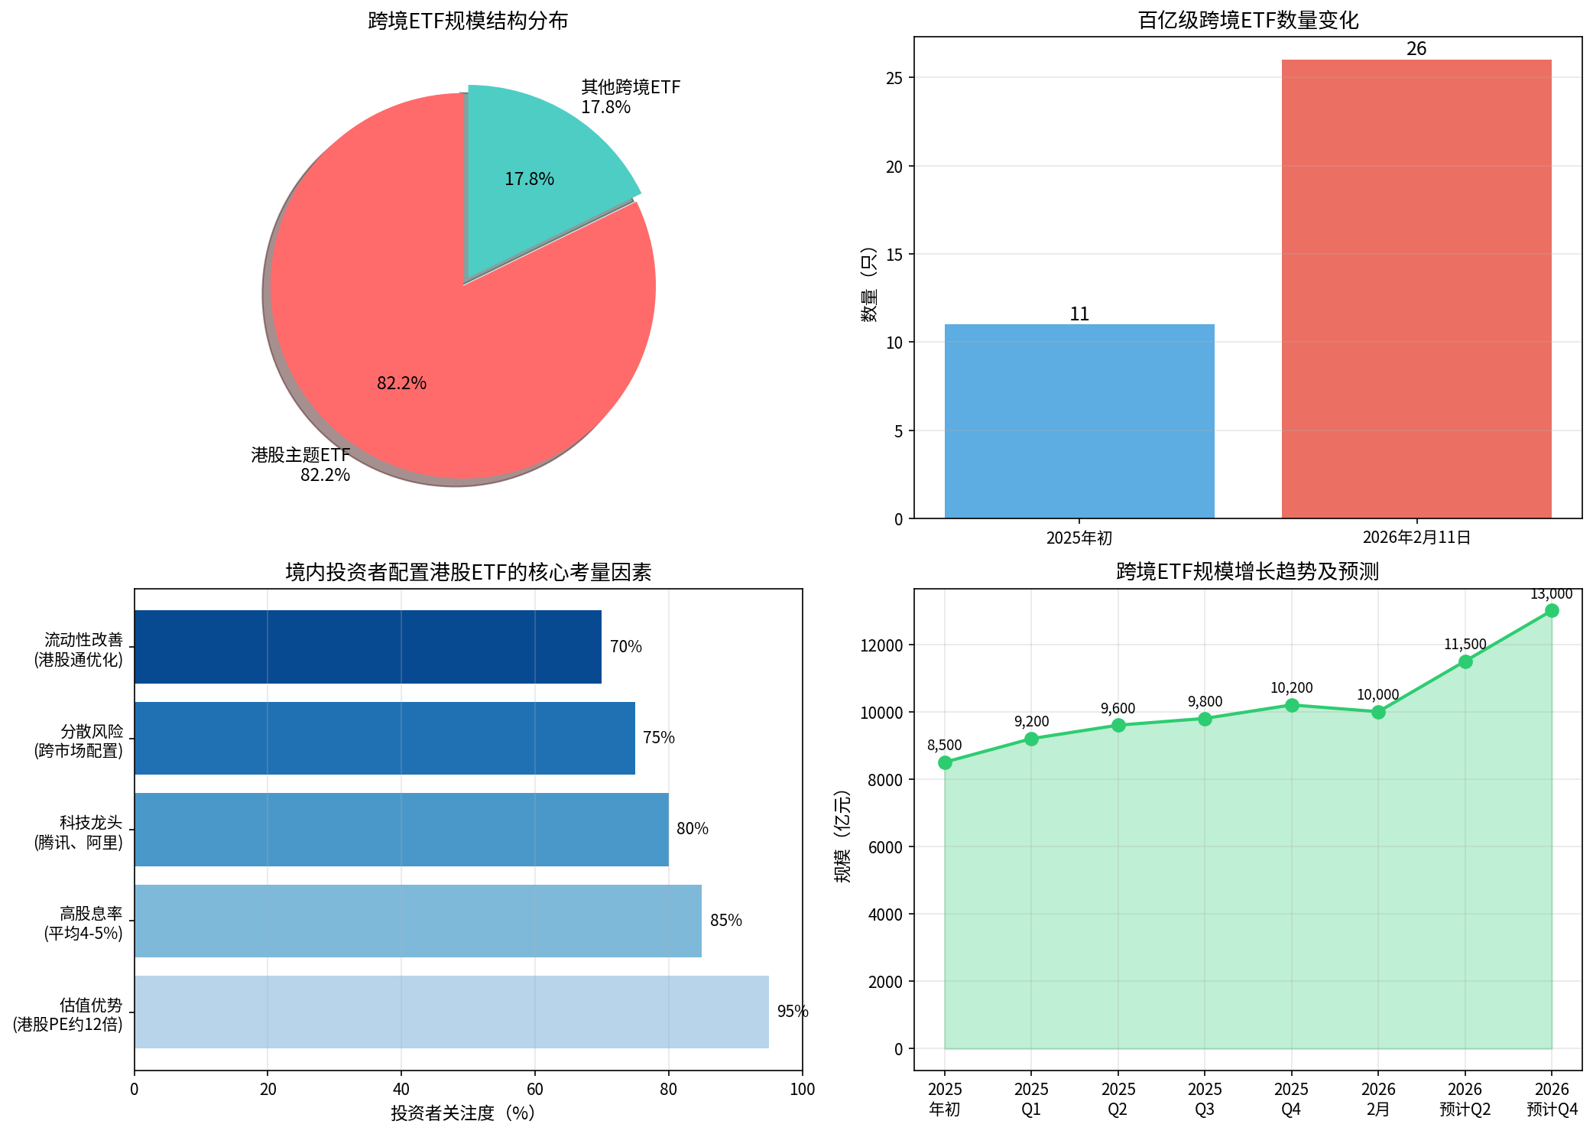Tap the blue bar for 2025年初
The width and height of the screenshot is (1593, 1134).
click(x=1079, y=421)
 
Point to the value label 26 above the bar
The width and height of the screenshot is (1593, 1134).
click(x=1416, y=49)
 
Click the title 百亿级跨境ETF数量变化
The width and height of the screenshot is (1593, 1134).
click(x=1247, y=21)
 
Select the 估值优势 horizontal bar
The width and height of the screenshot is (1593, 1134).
click(x=451, y=1012)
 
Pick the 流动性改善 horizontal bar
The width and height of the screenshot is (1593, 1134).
click(x=368, y=647)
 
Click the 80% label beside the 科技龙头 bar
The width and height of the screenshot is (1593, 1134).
click(x=693, y=829)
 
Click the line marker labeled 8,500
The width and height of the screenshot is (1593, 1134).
click(x=945, y=762)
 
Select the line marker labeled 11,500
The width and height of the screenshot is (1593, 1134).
click(x=1465, y=661)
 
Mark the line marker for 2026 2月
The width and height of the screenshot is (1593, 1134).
click(x=1378, y=712)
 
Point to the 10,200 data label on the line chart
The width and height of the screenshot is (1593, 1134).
click(x=1291, y=688)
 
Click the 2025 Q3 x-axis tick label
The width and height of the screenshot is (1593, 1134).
click(x=1205, y=1099)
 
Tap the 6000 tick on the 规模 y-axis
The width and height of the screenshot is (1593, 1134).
click(x=885, y=847)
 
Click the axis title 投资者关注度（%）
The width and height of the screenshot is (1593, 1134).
click(x=463, y=1113)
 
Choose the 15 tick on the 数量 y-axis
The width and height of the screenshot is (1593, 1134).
click(x=894, y=255)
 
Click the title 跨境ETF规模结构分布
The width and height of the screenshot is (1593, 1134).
click(x=468, y=21)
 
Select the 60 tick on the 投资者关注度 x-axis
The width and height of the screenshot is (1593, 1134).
click(x=534, y=1089)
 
